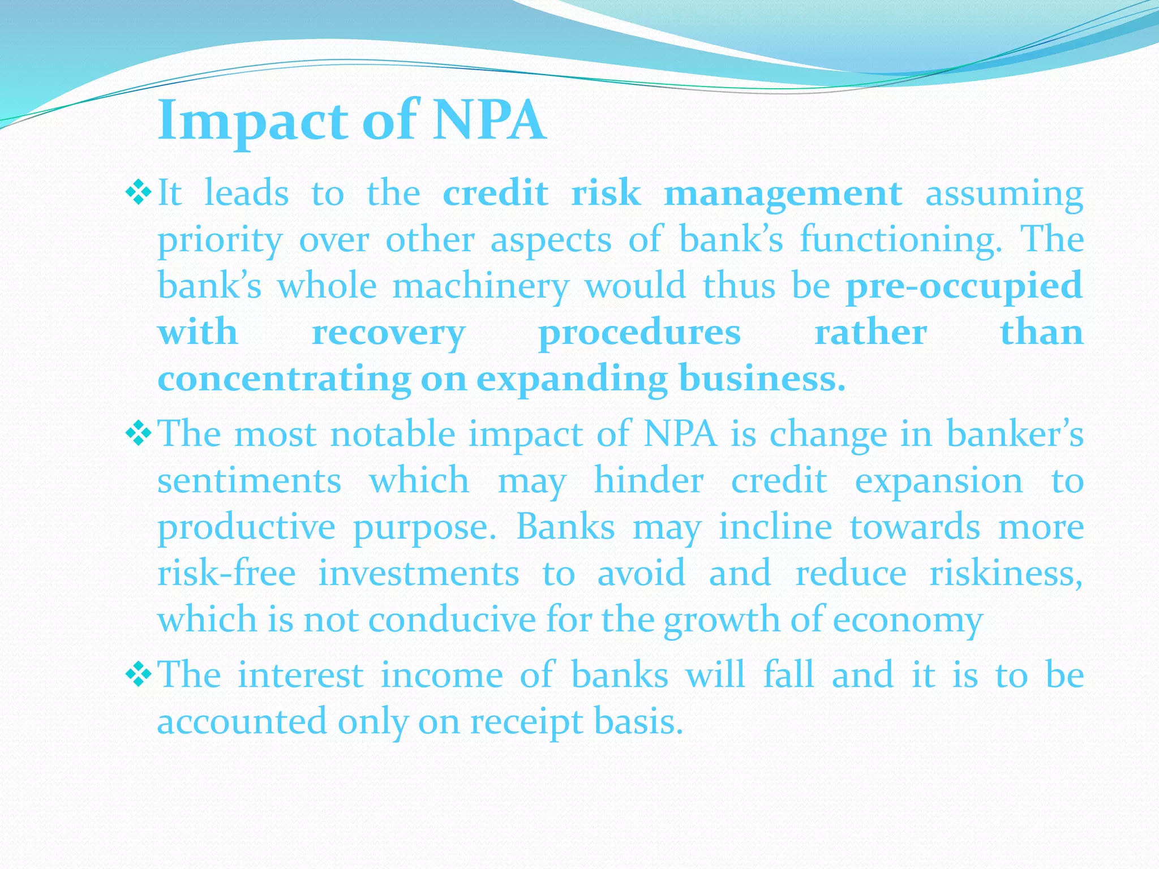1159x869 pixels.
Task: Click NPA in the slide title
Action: (x=489, y=121)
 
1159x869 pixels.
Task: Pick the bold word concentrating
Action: (x=284, y=379)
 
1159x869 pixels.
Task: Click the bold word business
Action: (x=762, y=379)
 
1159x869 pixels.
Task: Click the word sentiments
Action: (x=249, y=481)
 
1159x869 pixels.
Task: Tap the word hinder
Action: (x=649, y=481)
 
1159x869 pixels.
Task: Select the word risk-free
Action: (x=226, y=573)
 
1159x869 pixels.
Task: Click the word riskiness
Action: (x=1006, y=573)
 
